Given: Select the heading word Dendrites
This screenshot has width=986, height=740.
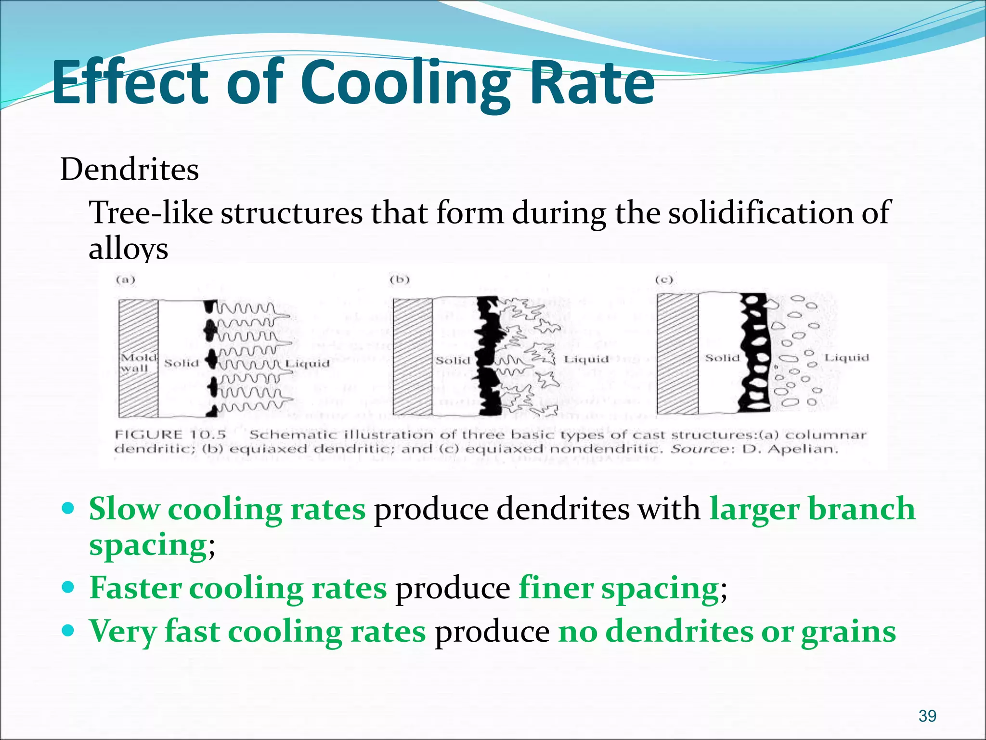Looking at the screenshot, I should [130, 170].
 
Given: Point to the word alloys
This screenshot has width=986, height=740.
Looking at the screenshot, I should [128, 249].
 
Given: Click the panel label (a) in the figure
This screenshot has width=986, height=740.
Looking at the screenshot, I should [125, 279].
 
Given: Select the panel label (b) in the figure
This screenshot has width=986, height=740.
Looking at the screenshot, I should [400, 279].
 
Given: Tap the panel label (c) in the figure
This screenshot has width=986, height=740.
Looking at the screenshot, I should [664, 279].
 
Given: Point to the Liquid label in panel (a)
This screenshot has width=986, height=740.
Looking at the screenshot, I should [308, 363].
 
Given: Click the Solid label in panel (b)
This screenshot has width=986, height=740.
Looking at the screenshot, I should [453, 360].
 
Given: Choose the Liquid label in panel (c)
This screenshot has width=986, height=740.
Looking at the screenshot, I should [846, 358].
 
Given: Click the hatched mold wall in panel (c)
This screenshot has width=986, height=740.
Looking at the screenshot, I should [677, 354].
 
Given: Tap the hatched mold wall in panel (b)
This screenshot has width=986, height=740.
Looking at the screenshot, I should [413, 357].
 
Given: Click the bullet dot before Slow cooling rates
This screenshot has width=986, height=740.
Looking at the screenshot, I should [69, 508].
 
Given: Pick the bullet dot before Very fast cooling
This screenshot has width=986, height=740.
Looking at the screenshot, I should [69, 630].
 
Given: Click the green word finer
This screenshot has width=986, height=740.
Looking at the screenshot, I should [556, 588].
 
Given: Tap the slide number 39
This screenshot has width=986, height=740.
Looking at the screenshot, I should [927, 716].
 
